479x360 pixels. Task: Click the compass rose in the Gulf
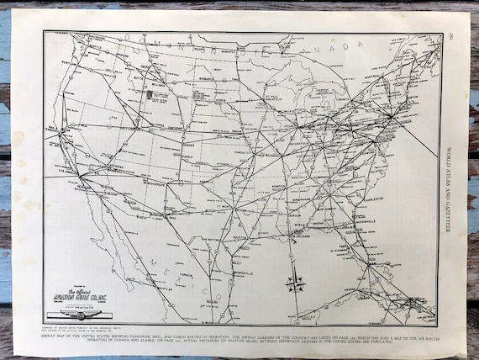point(293,283)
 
